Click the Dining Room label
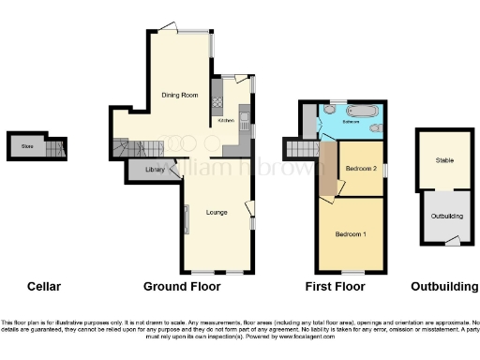178,95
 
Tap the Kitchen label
226,121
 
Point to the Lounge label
217,213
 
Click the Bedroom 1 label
352,233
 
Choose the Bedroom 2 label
361,168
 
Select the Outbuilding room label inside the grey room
446,216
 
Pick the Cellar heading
44,285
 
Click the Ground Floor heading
182,285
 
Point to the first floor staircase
301,148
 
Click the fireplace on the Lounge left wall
185,220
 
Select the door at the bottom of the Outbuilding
449,242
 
